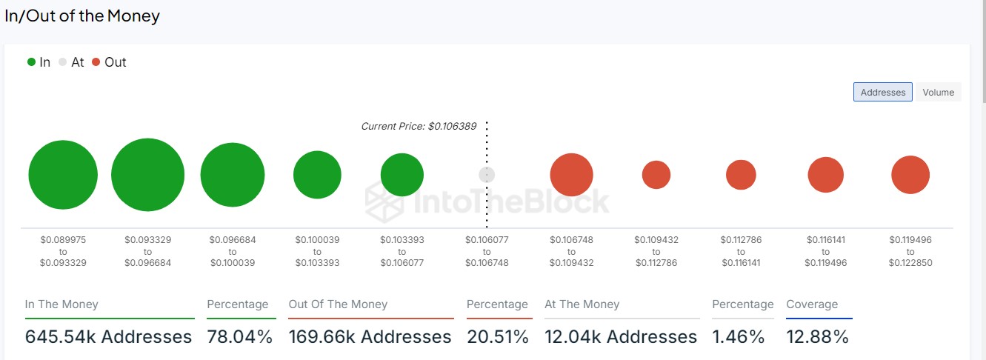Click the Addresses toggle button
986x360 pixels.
882,93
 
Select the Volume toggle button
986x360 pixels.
938,93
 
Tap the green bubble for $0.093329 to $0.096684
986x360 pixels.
147,175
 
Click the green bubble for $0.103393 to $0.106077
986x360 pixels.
402,175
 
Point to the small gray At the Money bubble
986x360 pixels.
486,175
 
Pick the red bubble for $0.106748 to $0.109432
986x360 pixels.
571,175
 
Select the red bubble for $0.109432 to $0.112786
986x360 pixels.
656,175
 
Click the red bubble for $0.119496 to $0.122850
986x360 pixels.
910,175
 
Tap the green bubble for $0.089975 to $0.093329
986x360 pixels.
63,175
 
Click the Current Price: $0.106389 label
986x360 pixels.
419,127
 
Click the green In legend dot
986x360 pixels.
31,62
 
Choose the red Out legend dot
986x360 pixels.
96,62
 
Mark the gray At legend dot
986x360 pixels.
63,62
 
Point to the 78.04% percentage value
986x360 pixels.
240,337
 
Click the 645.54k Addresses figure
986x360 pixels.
108,337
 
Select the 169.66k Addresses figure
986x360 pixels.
370,337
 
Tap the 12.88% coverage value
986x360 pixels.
817,337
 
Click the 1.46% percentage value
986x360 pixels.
738,337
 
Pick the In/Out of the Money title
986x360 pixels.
82,16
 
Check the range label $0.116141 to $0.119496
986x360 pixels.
826,251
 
